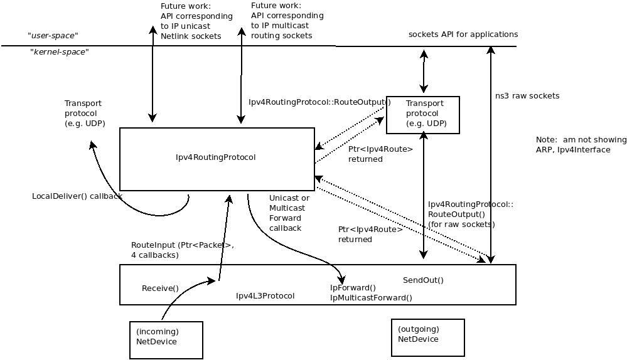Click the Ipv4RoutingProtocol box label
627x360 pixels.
click(216, 157)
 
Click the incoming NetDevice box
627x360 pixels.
click(166, 340)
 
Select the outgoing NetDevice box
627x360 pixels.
click(427, 337)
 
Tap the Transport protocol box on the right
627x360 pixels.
click(423, 115)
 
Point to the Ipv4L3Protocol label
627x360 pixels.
click(265, 296)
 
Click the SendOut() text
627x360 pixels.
click(423, 280)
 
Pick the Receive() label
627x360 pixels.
click(160, 289)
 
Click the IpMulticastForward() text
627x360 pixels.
click(371, 298)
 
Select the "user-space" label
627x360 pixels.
click(53, 36)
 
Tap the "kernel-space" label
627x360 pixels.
click(60, 52)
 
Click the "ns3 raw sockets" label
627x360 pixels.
click(527, 96)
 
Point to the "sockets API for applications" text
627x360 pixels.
click(463, 34)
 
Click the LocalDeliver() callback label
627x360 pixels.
click(77, 196)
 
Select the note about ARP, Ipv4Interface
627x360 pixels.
click(581, 145)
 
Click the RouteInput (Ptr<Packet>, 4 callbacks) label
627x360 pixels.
click(182, 250)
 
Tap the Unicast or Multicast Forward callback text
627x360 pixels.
click(289, 213)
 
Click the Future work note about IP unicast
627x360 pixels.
click(196, 21)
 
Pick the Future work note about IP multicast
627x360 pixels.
click(287, 21)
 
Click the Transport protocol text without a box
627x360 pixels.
click(85, 114)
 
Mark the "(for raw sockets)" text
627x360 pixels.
click(461, 225)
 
